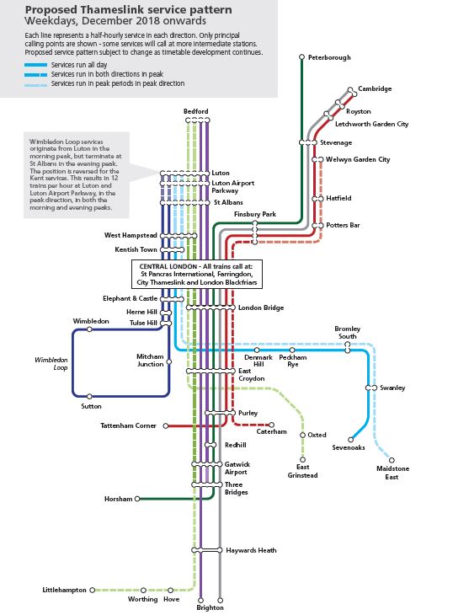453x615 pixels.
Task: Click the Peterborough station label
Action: click(x=329, y=57)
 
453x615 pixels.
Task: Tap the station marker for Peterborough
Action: click(x=301, y=57)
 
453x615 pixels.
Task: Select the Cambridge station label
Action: click(x=375, y=88)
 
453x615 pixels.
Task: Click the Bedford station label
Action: click(x=195, y=112)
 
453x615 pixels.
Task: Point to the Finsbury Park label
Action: click(x=257, y=215)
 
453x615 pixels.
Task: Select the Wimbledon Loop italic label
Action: click(x=50, y=363)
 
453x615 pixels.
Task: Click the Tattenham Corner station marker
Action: click(x=166, y=425)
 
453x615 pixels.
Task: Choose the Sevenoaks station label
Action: click(x=349, y=447)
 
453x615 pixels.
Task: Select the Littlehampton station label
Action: click(x=64, y=591)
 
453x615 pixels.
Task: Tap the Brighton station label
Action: click(x=211, y=607)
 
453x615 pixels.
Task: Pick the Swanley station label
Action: click(x=392, y=388)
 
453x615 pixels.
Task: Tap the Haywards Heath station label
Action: click(x=251, y=550)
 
